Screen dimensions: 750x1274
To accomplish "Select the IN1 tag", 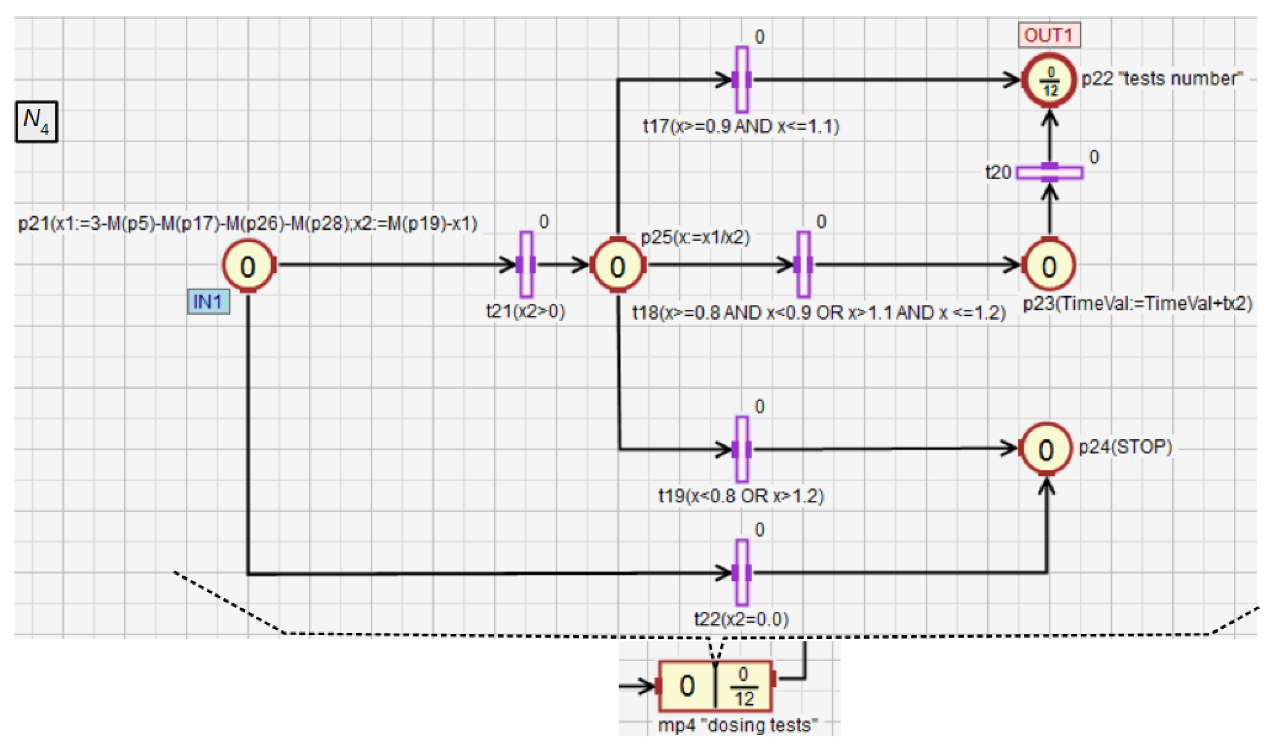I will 208,302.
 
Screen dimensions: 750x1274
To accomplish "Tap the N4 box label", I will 36,122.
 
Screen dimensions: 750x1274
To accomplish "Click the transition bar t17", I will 742,80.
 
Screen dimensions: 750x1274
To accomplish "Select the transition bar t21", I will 526,264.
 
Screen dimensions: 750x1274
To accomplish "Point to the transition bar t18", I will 803,264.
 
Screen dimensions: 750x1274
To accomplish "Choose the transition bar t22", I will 742,573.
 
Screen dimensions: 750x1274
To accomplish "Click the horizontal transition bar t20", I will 1049,173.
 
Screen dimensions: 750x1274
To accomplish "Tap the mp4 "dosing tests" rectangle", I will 715,686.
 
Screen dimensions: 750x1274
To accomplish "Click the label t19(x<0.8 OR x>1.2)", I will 741,496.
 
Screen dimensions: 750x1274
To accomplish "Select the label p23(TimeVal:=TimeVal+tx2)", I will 1137,304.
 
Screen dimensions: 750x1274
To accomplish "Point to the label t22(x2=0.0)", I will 741,619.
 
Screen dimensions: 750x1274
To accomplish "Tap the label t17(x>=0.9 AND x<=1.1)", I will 741,126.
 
